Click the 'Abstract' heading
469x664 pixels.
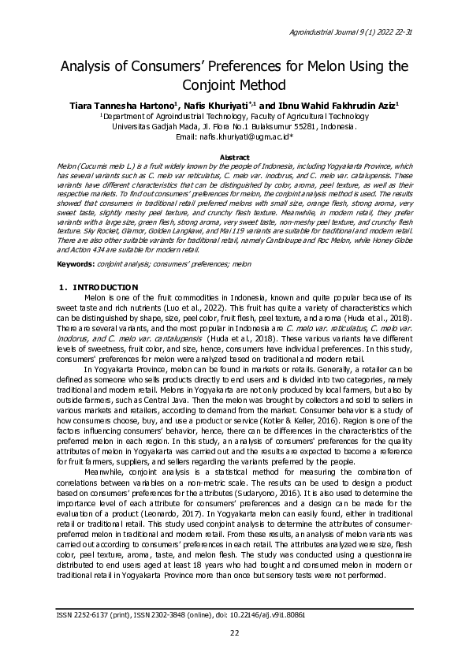pyautogui.click(x=234, y=158)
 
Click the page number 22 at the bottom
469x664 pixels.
pyautogui.click(x=234, y=633)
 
